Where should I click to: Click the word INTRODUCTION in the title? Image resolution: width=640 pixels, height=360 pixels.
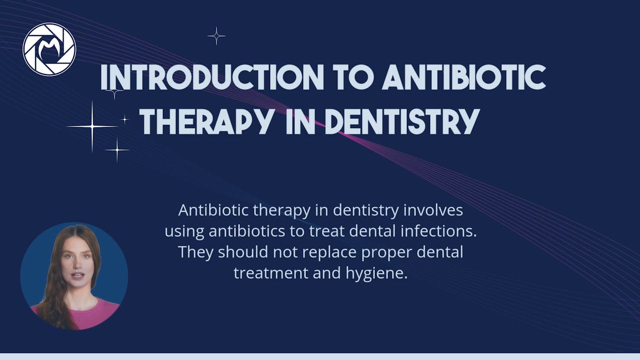(212, 77)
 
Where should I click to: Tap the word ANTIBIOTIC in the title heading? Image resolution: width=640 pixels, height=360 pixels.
(466, 77)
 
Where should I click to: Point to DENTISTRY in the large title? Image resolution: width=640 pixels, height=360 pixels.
(401, 121)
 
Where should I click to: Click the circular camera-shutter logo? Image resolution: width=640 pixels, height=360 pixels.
(49, 49)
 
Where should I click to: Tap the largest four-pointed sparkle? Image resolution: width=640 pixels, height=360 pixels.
(92, 126)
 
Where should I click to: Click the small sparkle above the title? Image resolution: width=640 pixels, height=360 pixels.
(216, 36)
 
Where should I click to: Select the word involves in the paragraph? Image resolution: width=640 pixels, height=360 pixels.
(433, 210)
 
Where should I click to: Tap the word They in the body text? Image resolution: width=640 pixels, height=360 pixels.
(195, 252)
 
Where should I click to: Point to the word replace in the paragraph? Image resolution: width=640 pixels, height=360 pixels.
(328, 252)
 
